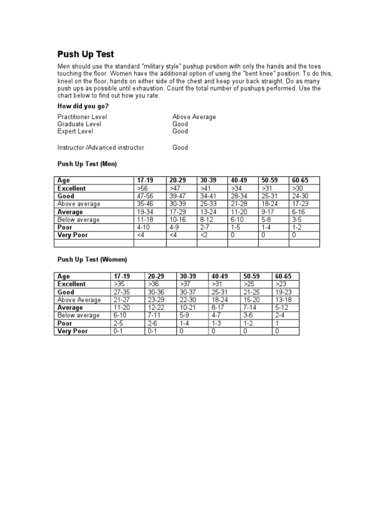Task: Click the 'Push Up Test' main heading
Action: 86,54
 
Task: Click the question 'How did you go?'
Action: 83,106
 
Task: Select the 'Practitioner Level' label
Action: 82,117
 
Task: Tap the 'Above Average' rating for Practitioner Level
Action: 194,117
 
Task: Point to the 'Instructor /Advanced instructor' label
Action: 101,148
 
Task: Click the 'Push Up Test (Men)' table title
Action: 87,164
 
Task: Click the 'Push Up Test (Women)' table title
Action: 92,260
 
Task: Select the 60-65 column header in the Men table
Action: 300,181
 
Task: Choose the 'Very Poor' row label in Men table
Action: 73,236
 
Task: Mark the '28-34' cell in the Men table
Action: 238,196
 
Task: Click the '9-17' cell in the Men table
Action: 267,212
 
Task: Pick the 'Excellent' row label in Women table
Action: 72,284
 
